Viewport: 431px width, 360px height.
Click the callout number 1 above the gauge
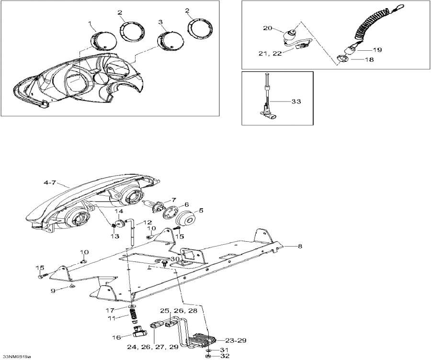click(x=89, y=23)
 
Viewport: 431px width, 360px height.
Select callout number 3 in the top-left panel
click(x=160, y=22)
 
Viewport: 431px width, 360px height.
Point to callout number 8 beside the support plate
click(x=300, y=246)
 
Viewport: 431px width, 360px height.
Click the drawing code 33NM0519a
click(x=17, y=356)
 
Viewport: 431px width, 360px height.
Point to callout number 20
click(x=267, y=28)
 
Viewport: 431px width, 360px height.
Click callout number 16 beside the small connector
click(x=116, y=337)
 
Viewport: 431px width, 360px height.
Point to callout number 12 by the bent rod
click(x=148, y=222)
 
